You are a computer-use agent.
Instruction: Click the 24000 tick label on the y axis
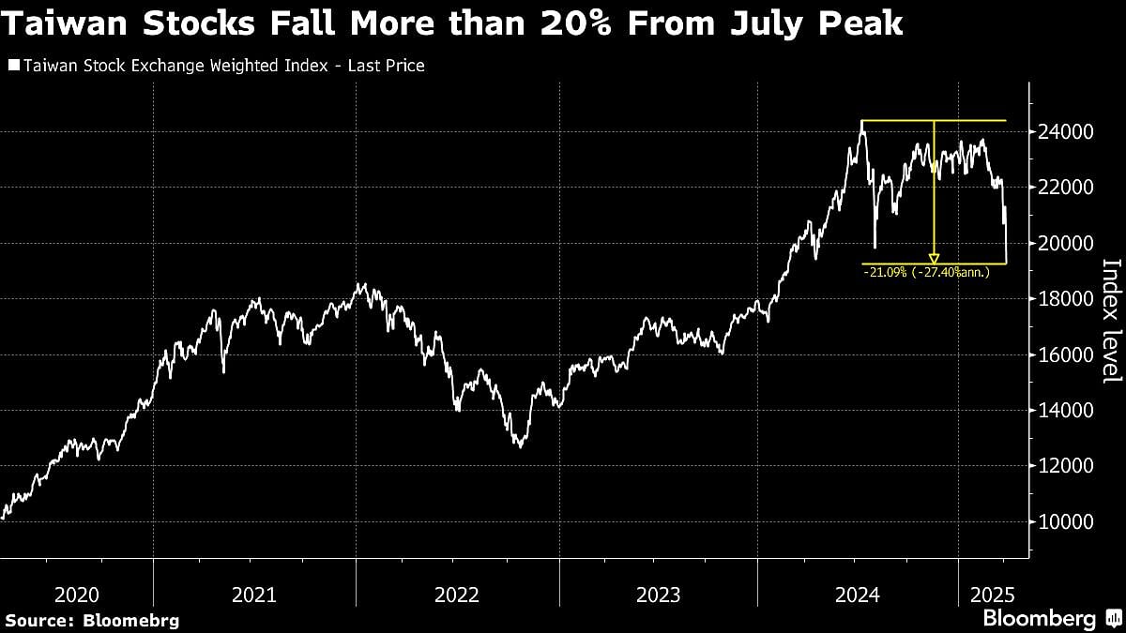[x=1065, y=132]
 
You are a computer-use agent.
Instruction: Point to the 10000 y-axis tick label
[x=1065, y=521]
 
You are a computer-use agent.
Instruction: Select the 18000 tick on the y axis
[x=1065, y=299]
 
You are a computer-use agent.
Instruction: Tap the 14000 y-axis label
[x=1065, y=411]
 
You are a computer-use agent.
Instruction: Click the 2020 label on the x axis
[x=77, y=595]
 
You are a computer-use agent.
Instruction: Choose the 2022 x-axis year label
[x=457, y=595]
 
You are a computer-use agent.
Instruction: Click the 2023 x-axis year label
[x=658, y=595]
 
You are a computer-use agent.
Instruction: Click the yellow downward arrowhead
[x=934, y=257]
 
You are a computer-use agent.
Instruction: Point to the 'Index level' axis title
[x=1110, y=320]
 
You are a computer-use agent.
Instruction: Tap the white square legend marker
[x=12, y=67]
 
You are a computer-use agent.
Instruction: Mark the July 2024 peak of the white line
[x=862, y=121]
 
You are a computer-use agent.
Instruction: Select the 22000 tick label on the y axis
[x=1065, y=188]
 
